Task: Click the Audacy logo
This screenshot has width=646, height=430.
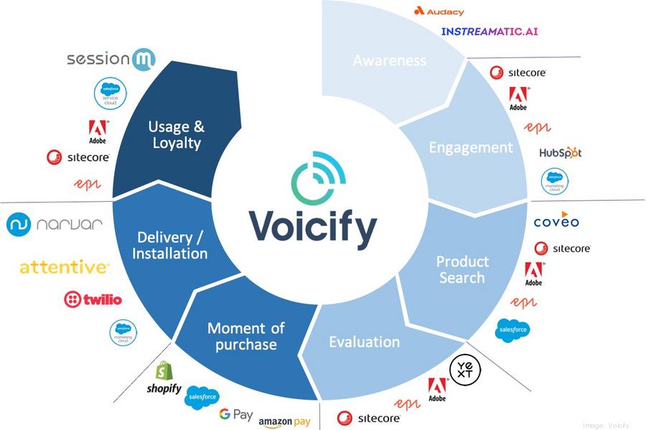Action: click(x=439, y=11)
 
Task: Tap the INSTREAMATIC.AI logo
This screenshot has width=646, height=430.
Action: click(x=489, y=32)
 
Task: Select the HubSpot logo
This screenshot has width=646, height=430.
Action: click(x=560, y=152)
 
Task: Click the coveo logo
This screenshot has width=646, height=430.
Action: click(x=556, y=220)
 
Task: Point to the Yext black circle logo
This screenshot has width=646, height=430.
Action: click(x=465, y=369)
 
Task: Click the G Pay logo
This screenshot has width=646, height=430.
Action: click(x=235, y=414)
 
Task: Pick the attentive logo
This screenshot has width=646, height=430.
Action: click(x=64, y=267)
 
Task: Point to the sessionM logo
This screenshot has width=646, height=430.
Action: click(x=111, y=59)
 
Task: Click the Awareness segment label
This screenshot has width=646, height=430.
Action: click(x=389, y=60)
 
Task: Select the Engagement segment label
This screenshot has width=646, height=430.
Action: click(x=471, y=147)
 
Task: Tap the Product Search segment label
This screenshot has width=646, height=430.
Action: click(x=462, y=269)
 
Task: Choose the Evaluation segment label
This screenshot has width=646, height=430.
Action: click(x=364, y=342)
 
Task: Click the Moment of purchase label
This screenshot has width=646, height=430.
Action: click(x=245, y=336)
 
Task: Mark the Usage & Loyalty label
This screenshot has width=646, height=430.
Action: click(x=176, y=134)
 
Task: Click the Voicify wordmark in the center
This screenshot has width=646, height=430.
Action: click(x=313, y=228)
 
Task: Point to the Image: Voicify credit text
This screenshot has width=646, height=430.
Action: click(x=606, y=424)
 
